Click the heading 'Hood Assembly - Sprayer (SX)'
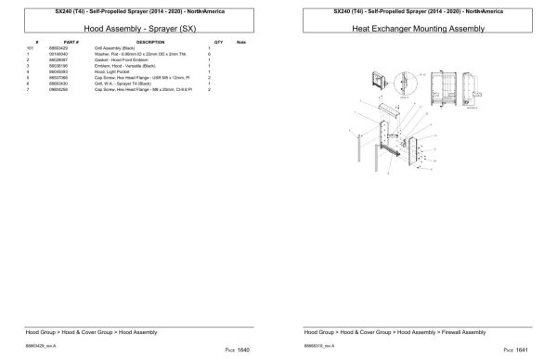coord(139,29)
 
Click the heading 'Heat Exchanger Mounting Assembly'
coord(418,29)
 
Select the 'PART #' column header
coord(71,43)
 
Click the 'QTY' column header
coord(218,43)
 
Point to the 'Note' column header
coord(241,43)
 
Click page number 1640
coord(244,351)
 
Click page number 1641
coord(523,351)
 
